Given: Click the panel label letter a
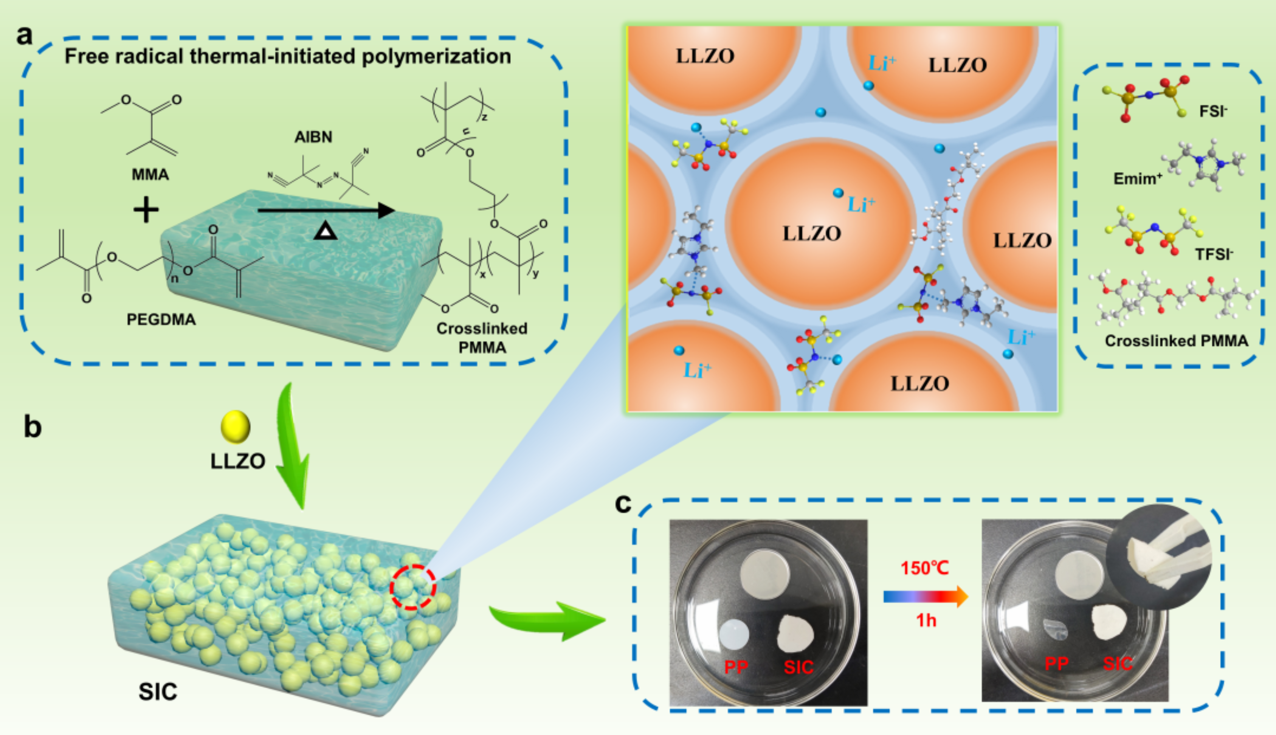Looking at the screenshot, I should click(24, 35).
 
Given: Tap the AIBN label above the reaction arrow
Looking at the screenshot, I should click(313, 137).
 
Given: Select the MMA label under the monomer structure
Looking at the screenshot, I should click(150, 175).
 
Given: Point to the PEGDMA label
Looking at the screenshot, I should click(161, 319).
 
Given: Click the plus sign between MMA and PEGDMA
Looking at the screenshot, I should click(146, 210).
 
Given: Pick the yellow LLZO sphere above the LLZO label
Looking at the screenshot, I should click(236, 426).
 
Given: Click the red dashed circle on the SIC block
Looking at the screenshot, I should click(412, 587).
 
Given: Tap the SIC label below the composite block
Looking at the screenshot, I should click(158, 692).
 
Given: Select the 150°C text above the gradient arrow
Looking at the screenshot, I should click(925, 568).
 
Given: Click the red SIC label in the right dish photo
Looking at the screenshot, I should click(1118, 663).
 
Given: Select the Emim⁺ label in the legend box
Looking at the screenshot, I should click(1138, 178).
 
